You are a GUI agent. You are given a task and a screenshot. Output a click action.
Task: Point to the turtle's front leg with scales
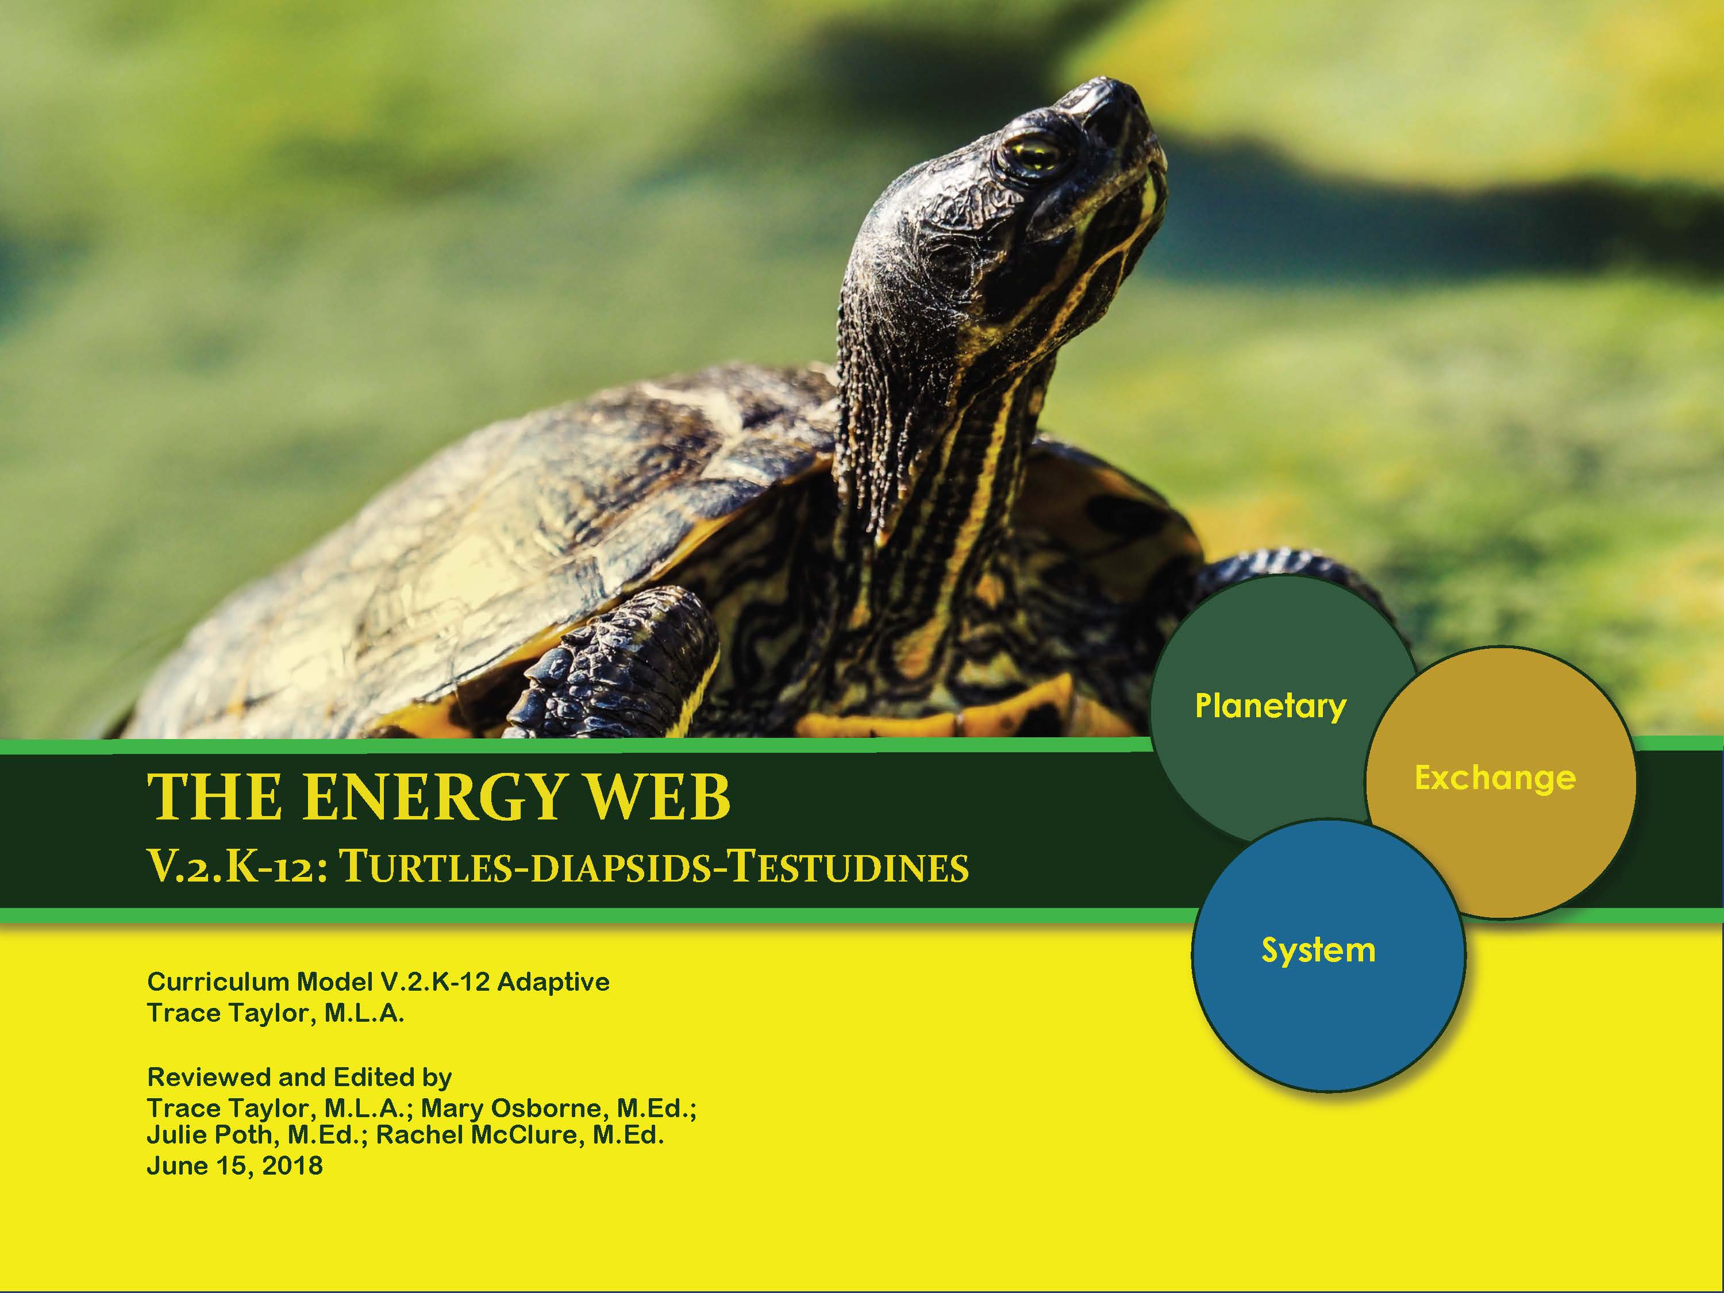point(615,663)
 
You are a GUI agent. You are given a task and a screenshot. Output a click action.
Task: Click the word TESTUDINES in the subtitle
point(849,867)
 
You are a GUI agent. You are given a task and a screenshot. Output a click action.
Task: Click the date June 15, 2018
point(234,1166)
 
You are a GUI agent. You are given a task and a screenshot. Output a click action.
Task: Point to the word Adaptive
point(553,982)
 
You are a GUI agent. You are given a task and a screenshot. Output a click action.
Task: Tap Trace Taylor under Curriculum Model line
point(229,1013)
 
